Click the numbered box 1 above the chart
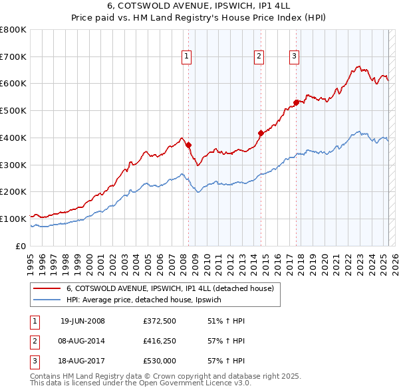186,57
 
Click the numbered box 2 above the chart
258,57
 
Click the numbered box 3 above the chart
294,57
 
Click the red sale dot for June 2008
188,145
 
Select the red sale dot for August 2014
261,133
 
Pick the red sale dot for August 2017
297,102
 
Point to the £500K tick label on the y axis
13,111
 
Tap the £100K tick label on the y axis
13,219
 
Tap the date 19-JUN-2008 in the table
82,321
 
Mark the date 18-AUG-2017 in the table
82,361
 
